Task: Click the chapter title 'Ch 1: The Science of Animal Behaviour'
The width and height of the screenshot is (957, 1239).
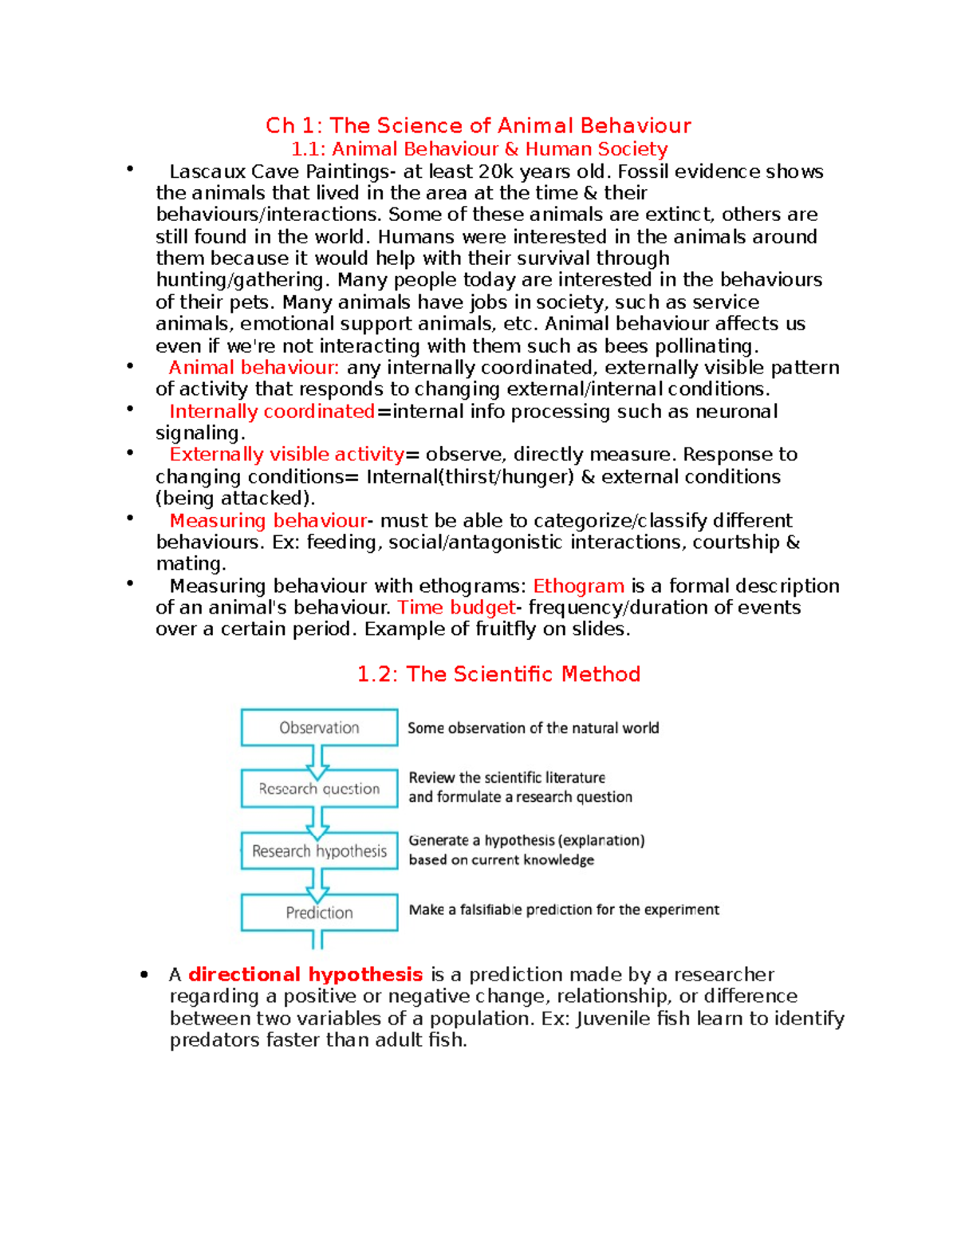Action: coord(478,125)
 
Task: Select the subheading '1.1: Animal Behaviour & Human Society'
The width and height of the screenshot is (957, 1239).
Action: coord(478,149)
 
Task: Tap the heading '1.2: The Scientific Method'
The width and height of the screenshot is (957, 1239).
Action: coord(498,674)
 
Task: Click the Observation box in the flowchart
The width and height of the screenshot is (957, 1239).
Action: coord(319,728)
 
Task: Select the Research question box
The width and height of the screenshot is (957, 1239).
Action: coord(319,788)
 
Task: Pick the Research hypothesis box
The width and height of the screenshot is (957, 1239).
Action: coord(319,850)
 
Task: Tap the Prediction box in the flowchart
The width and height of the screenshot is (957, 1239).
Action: coord(319,913)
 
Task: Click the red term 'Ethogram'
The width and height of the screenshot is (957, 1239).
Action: coord(578,586)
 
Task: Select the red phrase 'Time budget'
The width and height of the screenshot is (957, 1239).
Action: coord(456,607)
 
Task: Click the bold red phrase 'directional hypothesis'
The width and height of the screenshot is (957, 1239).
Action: coord(305,974)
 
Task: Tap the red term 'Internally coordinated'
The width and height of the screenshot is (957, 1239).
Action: coord(272,411)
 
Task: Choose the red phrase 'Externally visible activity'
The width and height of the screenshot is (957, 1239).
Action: coord(286,454)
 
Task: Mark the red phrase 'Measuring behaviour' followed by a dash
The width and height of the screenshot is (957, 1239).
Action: coord(268,520)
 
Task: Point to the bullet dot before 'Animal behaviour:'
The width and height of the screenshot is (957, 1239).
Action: coord(129,365)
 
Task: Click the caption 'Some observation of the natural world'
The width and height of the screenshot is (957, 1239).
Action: coord(533,728)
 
